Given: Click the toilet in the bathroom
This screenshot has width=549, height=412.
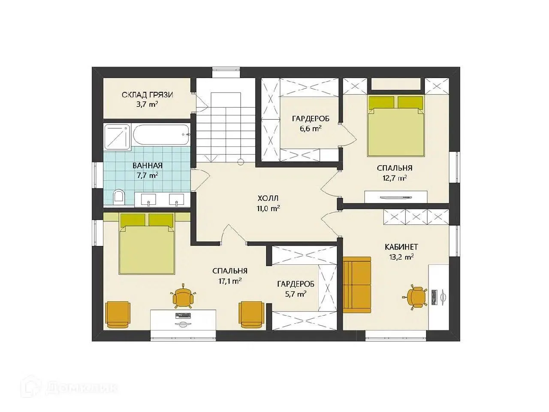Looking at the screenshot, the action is click(118, 197).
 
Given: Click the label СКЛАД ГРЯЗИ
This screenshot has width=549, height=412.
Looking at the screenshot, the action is click(147, 95).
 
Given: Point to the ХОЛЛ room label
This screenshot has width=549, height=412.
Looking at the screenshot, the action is click(268, 198).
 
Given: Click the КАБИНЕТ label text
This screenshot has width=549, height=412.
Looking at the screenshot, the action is click(401, 247).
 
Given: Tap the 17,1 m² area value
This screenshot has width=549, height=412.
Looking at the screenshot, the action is click(230, 281).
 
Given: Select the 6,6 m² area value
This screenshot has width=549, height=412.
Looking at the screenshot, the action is click(311, 129).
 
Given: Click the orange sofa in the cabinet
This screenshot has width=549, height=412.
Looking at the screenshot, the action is click(357, 285).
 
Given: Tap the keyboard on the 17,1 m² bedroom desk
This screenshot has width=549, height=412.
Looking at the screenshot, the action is click(183, 316).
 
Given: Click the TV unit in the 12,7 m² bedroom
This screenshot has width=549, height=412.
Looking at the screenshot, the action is click(396, 197).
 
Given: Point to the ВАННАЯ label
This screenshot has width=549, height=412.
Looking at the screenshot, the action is click(148, 166).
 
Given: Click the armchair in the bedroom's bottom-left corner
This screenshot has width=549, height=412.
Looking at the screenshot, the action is click(118, 315).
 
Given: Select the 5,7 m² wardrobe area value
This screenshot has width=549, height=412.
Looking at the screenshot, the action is click(296, 294).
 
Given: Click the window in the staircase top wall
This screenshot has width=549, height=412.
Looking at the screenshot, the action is click(226, 72).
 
